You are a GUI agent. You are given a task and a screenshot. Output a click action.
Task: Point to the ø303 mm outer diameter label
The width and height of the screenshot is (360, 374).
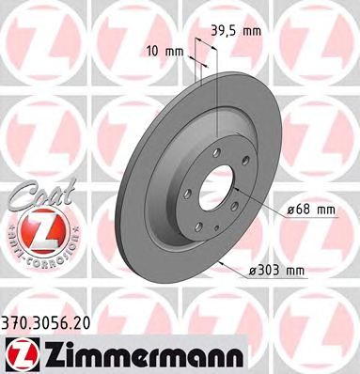[x=278, y=273]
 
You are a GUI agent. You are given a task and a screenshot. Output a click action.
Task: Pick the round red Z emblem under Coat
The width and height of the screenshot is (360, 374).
[x=33, y=229]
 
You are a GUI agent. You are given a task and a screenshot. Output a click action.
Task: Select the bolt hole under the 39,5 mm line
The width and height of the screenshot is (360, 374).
[x=217, y=151]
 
